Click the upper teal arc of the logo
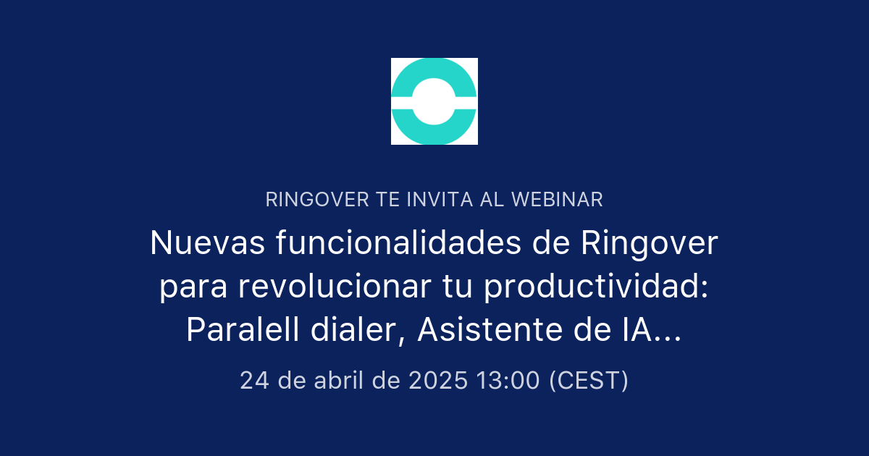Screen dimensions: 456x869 (434, 73)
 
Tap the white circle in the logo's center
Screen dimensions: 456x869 (434, 101)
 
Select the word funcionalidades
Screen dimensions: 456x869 (398, 244)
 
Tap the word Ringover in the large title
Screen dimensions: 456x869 (650, 244)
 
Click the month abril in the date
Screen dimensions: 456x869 (339, 380)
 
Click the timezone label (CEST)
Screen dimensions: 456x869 (588, 380)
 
